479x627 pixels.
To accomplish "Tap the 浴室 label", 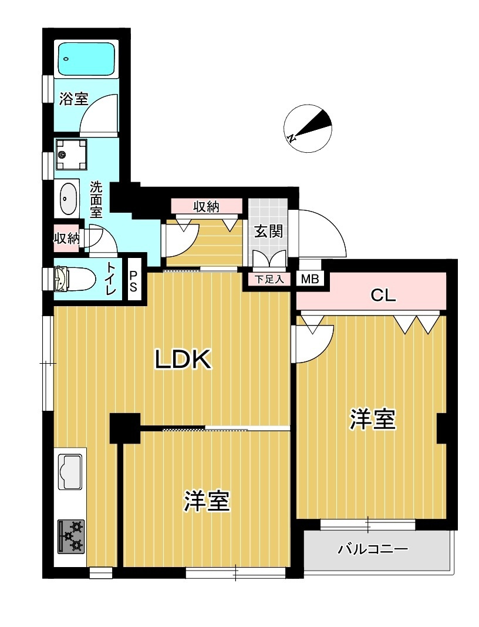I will point(74,99).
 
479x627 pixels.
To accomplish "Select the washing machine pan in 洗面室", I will point(71,154).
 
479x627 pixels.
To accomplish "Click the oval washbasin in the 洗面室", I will point(68,199).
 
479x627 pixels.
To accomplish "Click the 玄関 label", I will point(268,231).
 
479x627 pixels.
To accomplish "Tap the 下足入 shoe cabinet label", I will point(269,279).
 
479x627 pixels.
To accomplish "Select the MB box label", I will point(309,279).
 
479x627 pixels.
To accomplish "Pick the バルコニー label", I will point(372,550).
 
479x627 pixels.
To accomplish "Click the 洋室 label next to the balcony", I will point(372,420).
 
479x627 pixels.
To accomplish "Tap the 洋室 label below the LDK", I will point(206,501).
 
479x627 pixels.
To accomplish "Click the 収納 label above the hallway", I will point(206,206).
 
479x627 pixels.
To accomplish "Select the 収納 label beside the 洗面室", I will point(66,239).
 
